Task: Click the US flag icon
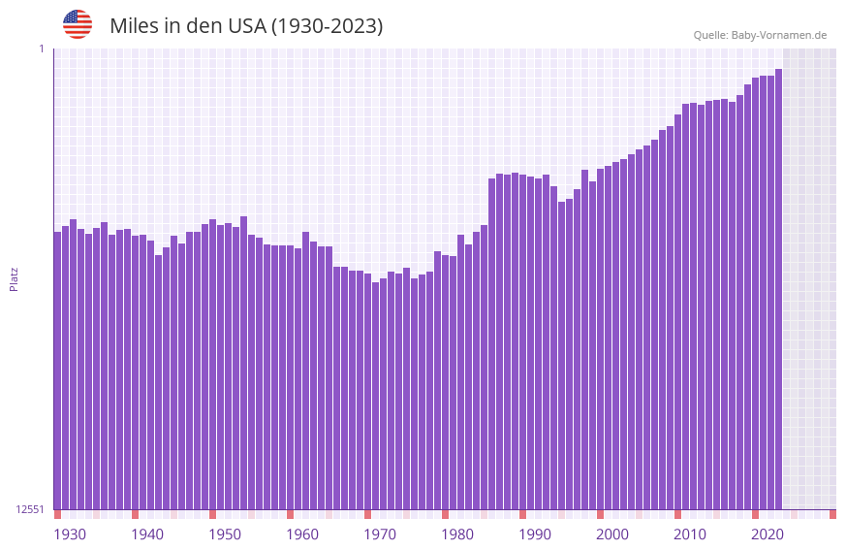coord(78,24)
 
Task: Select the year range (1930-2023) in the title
coord(327,26)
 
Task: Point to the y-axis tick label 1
coord(41,49)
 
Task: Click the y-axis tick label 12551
coord(29,509)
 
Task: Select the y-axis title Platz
coord(14,278)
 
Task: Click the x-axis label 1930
coord(70,534)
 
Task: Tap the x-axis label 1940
coord(147,534)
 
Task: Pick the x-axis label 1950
coord(225,534)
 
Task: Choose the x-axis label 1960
coord(302,534)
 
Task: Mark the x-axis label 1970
coord(380,534)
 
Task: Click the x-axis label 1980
coord(457,534)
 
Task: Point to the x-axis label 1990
coord(535,534)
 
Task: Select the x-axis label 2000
coord(612,534)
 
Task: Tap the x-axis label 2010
coord(690,534)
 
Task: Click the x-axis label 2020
coord(768,534)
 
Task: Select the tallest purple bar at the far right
coord(778,291)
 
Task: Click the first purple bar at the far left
coord(57,369)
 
